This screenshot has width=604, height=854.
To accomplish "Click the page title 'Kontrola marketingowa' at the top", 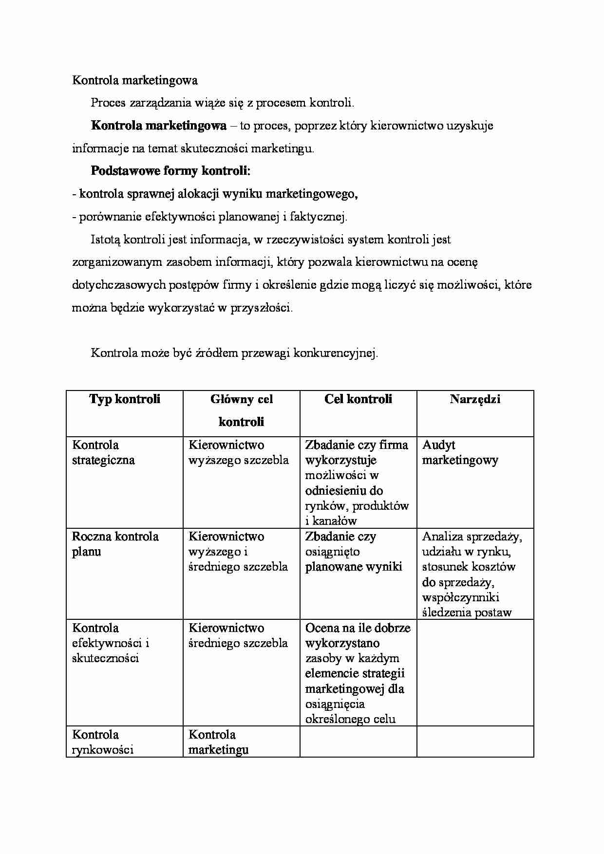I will [135, 80].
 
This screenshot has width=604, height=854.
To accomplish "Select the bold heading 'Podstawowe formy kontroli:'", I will [170, 171].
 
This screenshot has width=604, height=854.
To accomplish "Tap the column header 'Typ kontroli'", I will [125, 399].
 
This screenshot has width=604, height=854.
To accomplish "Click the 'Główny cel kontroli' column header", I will [242, 410].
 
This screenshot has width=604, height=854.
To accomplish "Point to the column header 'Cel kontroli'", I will [358, 399].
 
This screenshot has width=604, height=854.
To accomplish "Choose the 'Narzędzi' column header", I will [475, 399].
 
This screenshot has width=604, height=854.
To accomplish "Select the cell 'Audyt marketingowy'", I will [460, 452].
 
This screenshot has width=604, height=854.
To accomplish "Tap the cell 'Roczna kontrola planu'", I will [115, 544].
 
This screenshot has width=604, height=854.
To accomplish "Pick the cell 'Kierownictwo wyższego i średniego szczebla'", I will [238, 552].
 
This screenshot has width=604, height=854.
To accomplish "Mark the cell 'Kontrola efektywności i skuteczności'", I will [110, 643].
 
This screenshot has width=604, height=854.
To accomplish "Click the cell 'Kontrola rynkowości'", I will [102, 742].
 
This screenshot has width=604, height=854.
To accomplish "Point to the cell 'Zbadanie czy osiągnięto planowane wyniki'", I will [354, 552].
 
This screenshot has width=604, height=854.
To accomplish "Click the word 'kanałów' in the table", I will [335, 521].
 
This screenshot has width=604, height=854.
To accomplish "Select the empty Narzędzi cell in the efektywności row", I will [475, 672].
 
